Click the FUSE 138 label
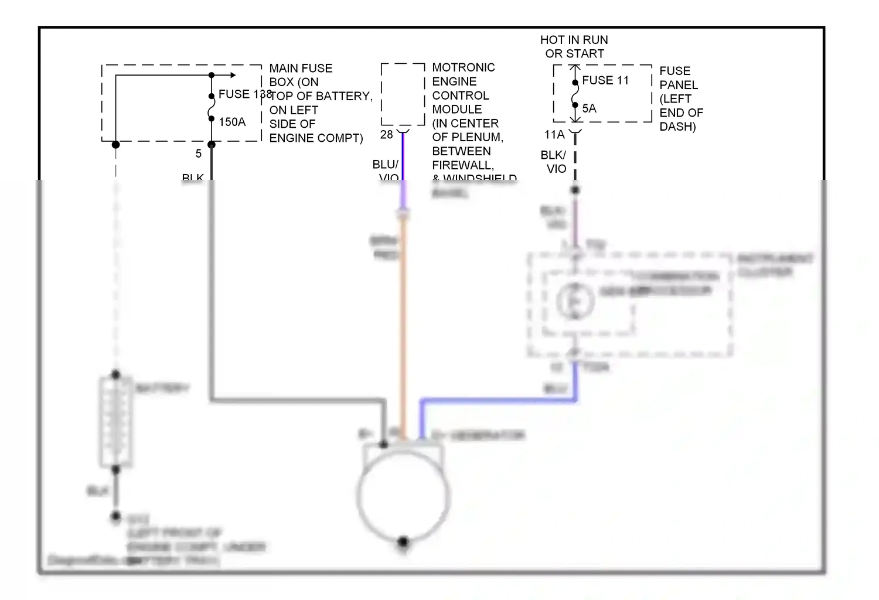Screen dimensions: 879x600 tap(244, 94)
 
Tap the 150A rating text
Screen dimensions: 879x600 tap(232, 122)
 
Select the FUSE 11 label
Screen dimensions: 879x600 tap(605, 80)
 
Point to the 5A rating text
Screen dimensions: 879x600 tap(589, 108)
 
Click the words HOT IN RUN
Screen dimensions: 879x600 tap(574, 40)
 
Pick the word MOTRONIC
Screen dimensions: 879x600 tap(463, 67)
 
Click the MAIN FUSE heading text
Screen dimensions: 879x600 tap(301, 69)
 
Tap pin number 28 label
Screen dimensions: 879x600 tap(386, 135)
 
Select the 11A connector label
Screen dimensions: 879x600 tap(554, 135)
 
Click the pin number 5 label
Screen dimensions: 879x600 tap(199, 154)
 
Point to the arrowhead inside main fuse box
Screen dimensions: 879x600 tap(233, 75)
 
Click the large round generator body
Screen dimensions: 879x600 tap(403, 495)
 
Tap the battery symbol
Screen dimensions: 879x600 tap(115, 422)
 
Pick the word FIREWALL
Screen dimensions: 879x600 tap(462, 165)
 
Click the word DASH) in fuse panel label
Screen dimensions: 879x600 tap(677, 127)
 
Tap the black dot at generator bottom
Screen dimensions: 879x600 tap(403, 541)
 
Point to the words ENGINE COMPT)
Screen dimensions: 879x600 tap(316, 138)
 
